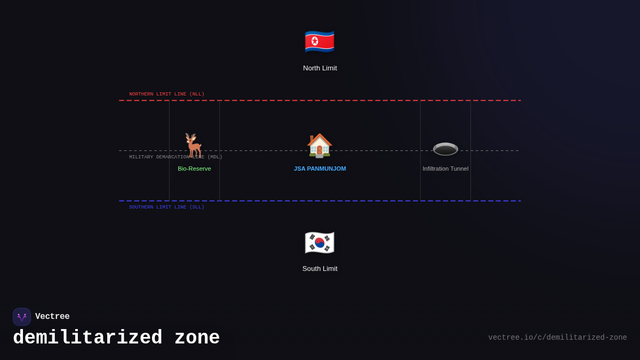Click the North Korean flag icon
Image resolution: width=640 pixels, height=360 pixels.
click(319, 42)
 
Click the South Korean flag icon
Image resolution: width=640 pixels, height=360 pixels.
click(319, 243)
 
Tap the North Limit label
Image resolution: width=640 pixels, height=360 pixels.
click(320, 68)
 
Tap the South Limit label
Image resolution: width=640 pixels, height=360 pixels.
click(320, 269)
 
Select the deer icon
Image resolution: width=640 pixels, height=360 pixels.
click(194, 146)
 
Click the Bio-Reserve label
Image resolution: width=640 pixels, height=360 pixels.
click(194, 169)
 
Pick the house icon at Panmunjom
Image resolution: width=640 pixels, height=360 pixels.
click(319, 146)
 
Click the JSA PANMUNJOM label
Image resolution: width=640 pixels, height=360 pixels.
click(320, 169)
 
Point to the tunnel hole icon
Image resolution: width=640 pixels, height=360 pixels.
click(445, 149)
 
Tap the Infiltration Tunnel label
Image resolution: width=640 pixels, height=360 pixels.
click(445, 169)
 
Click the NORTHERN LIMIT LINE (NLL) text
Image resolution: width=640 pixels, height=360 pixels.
click(166, 94)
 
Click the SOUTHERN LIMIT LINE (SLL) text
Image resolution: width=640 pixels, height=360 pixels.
click(166, 207)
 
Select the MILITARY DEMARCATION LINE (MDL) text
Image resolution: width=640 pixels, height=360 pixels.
click(175, 157)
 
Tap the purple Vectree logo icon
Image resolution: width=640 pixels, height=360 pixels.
click(22, 317)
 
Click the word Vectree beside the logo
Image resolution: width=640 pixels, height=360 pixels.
click(52, 317)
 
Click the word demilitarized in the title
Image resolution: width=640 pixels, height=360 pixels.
click(87, 338)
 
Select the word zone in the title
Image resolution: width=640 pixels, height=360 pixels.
click(197, 338)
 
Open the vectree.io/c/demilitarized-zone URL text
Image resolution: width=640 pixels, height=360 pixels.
click(557, 338)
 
